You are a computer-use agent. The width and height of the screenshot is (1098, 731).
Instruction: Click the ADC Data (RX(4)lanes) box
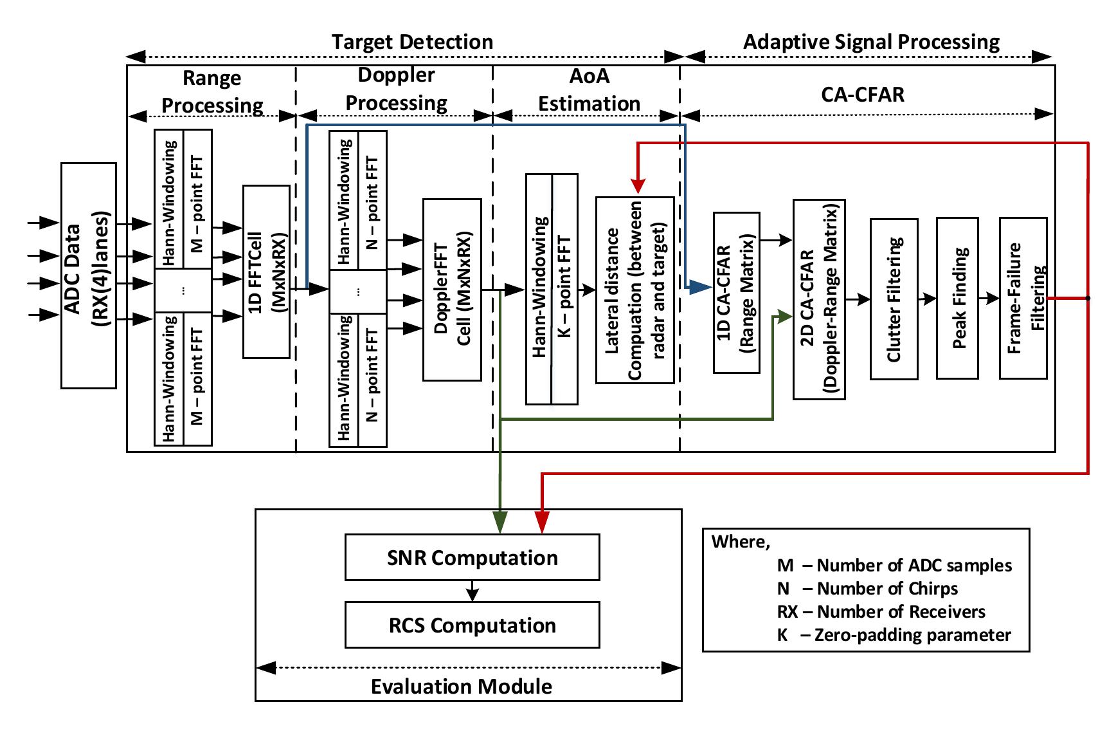(89, 275)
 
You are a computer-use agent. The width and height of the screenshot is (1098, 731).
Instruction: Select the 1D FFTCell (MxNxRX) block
(266, 272)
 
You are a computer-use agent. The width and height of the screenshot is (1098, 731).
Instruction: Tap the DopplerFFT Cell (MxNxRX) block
(452, 290)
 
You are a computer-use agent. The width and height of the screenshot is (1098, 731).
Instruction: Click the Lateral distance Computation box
(634, 290)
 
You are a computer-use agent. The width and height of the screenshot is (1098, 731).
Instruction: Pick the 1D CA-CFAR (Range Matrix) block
(737, 293)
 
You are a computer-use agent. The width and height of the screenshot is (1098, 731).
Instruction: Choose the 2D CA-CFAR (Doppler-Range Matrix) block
(818, 299)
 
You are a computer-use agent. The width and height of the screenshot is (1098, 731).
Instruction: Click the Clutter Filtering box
(894, 299)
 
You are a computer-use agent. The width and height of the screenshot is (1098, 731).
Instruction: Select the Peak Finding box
(958, 298)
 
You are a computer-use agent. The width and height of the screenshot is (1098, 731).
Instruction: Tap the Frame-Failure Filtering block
(1023, 298)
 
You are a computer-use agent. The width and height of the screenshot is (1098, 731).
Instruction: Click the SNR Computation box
(472, 557)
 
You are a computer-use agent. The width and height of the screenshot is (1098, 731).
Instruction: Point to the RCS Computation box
(472, 625)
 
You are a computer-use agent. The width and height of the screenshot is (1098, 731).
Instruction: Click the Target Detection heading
(412, 42)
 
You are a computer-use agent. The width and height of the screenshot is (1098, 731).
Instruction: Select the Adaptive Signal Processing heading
(871, 42)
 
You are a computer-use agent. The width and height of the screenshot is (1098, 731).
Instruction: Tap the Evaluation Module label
(461, 686)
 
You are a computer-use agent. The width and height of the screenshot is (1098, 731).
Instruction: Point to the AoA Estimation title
(589, 90)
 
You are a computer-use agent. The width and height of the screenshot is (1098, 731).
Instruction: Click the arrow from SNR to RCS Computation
(473, 591)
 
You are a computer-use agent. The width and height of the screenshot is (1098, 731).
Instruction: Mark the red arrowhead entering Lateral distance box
(637, 187)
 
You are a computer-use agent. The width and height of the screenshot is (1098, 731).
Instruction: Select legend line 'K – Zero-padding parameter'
(894, 635)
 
